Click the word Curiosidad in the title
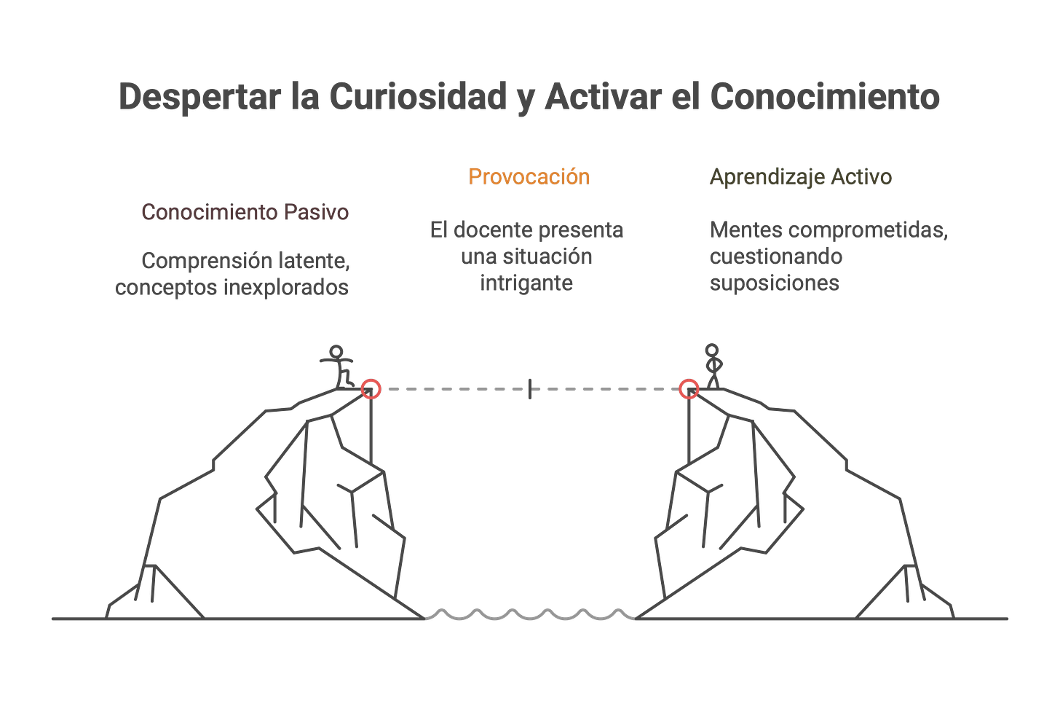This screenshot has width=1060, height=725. [417, 97]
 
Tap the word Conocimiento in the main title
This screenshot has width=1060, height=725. [825, 97]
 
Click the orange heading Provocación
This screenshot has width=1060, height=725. [529, 176]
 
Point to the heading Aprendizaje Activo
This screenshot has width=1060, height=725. [801, 177]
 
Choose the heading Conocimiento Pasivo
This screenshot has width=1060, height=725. [245, 212]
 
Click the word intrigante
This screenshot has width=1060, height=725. [526, 283]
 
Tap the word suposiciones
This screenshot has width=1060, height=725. [775, 283]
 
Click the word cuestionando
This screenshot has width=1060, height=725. [776, 256]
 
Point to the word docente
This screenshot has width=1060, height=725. [494, 230]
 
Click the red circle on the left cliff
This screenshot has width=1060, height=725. [371, 388]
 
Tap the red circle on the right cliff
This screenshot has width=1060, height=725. [689, 388]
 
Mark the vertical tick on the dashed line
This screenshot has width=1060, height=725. [529, 388]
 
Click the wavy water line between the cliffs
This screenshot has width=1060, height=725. [529, 614]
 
